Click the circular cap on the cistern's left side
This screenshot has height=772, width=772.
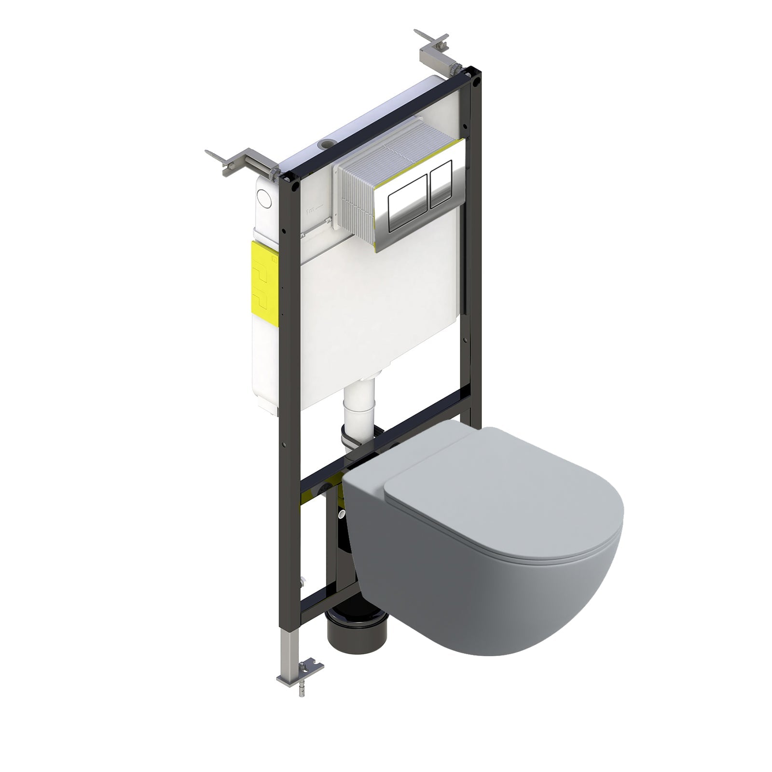coord(264,197)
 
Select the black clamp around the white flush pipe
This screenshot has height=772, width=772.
coord(357,434)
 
